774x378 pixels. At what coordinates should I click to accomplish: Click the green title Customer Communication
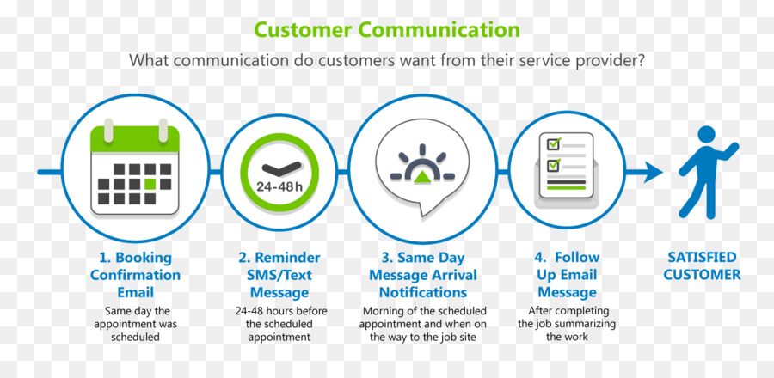[x=386, y=29]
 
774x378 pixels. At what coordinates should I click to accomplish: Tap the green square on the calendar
[x=150, y=184]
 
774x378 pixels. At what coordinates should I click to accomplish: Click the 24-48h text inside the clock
[x=279, y=187]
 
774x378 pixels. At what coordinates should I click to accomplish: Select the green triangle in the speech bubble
[x=422, y=176]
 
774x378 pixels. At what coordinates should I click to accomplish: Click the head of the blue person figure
[x=706, y=135]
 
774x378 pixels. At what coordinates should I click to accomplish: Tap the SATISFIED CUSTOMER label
[x=702, y=266]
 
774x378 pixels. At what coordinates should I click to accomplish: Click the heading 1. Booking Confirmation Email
[x=135, y=275]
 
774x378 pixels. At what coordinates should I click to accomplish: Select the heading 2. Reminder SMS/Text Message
[x=279, y=275]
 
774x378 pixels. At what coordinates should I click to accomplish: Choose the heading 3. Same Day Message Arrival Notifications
[x=423, y=275]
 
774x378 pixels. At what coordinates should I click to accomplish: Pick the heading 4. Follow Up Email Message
[x=568, y=275]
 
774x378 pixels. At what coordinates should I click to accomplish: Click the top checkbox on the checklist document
[x=553, y=144]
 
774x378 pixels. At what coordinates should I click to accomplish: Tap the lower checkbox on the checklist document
[x=553, y=163]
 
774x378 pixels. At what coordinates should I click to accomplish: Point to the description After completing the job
[x=568, y=324]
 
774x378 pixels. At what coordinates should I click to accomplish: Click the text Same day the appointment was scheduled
[x=135, y=324]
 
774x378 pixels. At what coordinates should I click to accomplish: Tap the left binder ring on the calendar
[x=108, y=130]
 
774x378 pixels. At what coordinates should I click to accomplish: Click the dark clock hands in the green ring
[x=280, y=169]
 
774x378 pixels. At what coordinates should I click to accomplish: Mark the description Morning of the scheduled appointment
[x=423, y=324]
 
